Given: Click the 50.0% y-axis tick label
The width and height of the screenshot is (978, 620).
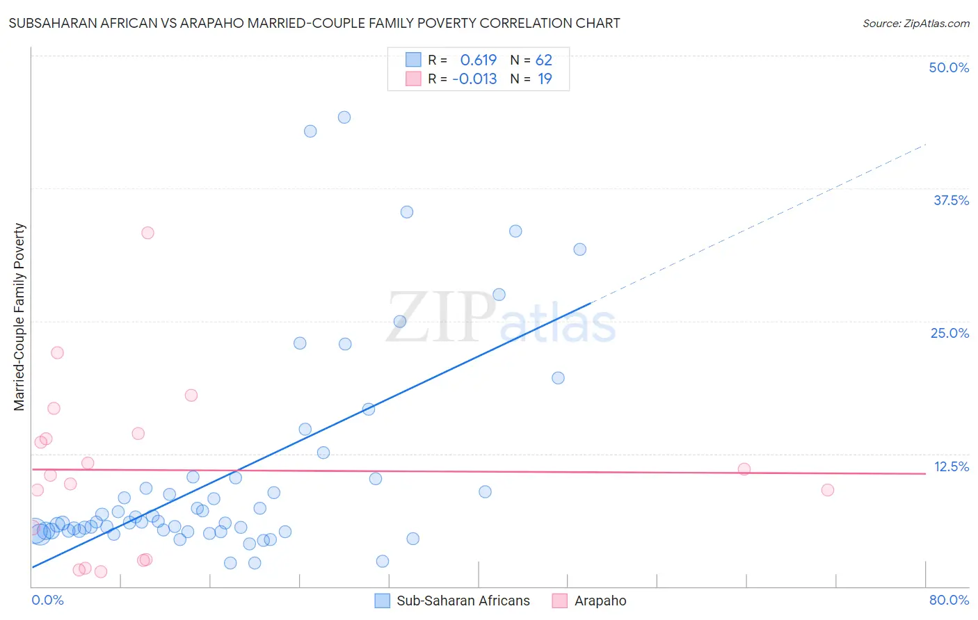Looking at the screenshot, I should pyautogui.click(x=949, y=67).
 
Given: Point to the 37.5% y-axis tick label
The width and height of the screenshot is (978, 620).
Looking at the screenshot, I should pyautogui.click(x=951, y=200).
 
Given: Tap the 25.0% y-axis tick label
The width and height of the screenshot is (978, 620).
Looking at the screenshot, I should pyautogui.click(x=949, y=333).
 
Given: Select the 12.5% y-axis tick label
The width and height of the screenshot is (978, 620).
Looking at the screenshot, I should pyautogui.click(x=951, y=466).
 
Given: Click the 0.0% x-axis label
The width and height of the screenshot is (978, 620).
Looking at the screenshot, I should pyautogui.click(x=47, y=600).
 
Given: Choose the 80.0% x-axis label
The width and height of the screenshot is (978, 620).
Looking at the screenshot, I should pyautogui.click(x=949, y=600).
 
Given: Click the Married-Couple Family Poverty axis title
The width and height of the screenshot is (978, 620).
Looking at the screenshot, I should pyautogui.click(x=19, y=317).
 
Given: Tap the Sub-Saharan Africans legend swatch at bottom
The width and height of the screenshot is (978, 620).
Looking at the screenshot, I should pyautogui.click(x=382, y=601).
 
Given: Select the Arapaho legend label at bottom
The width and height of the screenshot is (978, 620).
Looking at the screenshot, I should pyautogui.click(x=600, y=601).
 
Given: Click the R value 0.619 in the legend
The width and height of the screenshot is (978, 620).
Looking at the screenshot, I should pyautogui.click(x=479, y=60).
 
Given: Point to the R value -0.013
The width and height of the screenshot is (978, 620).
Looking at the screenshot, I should pyautogui.click(x=474, y=79).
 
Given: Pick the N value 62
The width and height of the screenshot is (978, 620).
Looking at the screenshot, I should pyautogui.click(x=544, y=60).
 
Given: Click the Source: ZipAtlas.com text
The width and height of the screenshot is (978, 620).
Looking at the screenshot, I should pyautogui.click(x=915, y=23).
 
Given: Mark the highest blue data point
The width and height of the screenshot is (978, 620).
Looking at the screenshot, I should pyautogui.click(x=344, y=117).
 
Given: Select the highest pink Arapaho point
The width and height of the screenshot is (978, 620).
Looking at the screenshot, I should pyautogui.click(x=147, y=233).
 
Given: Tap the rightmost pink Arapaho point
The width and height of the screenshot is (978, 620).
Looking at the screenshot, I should pyautogui.click(x=827, y=490).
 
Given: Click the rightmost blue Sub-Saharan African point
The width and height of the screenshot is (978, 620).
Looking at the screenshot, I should pyautogui.click(x=579, y=250).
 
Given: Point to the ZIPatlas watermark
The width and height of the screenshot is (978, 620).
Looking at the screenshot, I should pyautogui.click(x=501, y=318).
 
